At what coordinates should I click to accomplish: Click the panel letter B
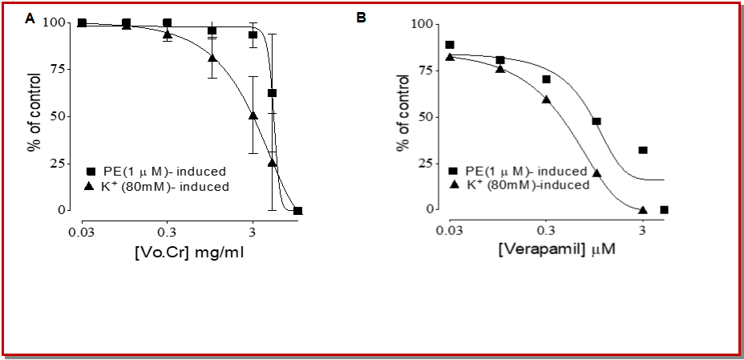coord(362,17)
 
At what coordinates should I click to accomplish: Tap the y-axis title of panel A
coord(34,116)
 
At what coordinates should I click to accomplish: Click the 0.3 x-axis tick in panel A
coord(167,233)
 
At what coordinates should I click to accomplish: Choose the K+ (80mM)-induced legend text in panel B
coord(528,184)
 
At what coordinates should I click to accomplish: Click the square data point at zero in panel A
coord(297,211)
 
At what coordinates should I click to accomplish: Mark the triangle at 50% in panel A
coord(253,115)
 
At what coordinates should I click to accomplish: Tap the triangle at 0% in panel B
coord(642,209)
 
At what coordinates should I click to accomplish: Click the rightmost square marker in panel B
coord(664,210)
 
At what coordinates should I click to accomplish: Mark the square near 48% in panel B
coord(596,121)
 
